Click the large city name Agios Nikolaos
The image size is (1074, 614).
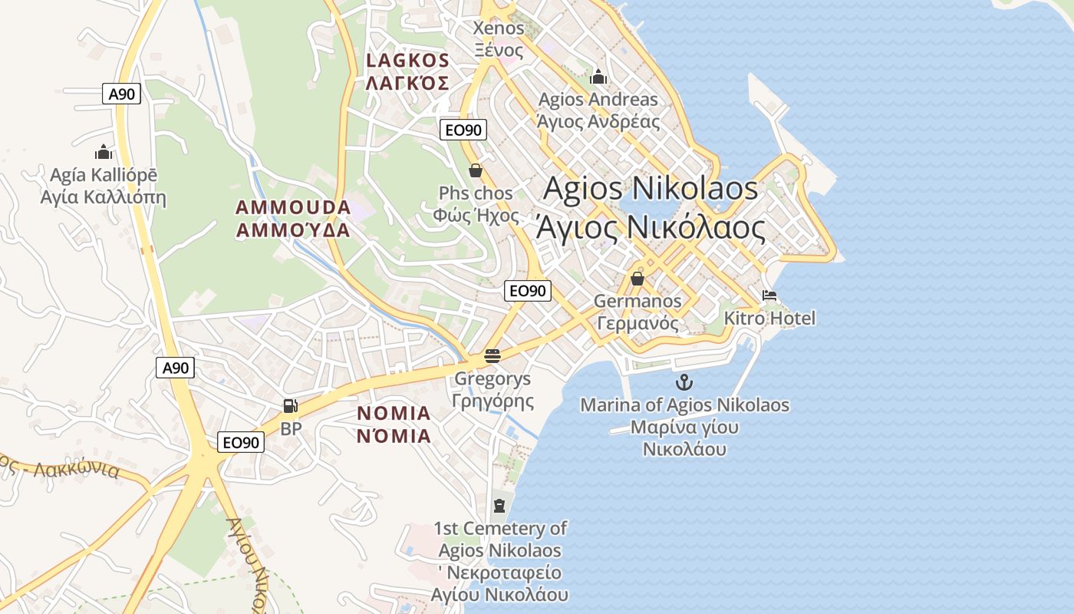[651, 188]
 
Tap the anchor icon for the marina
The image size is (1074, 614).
[684, 381]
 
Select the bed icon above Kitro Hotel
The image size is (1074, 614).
[769, 295]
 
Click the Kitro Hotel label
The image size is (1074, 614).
[769, 318]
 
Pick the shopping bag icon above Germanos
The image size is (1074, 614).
[637, 279]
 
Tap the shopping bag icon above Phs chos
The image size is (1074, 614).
[475, 170]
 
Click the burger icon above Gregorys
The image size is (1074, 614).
[493, 356]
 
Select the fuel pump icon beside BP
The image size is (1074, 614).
[290, 406]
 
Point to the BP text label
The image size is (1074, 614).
[291, 428]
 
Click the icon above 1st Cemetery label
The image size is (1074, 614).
[499, 505]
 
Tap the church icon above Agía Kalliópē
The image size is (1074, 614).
[103, 153]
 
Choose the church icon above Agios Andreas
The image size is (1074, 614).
[598, 77]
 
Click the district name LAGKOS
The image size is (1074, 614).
[407, 60]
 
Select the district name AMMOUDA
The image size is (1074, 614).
[293, 207]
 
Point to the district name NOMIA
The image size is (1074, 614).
[394, 413]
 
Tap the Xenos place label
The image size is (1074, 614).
[499, 28]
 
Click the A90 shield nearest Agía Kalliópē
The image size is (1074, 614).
[121, 94]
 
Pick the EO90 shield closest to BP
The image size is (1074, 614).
[241, 442]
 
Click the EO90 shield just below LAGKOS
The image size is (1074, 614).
[463, 130]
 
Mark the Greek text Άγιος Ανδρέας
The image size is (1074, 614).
[598, 121]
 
